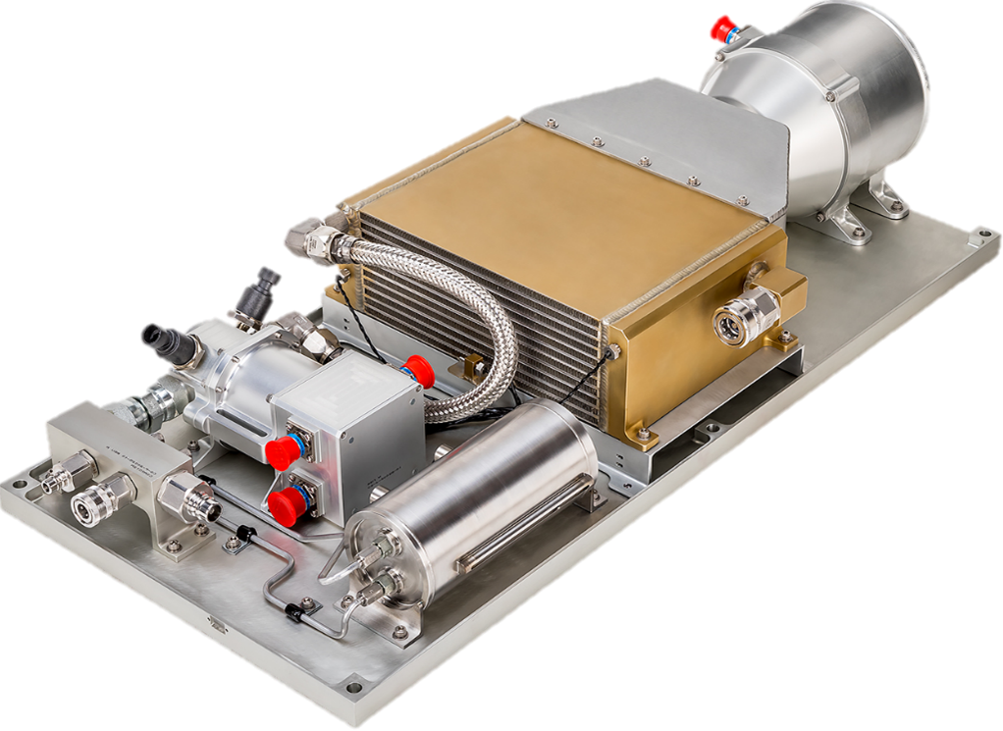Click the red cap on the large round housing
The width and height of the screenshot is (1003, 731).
coord(723,33)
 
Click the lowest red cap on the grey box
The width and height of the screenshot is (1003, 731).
coord(286,501)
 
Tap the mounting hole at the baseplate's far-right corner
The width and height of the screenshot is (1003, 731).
coord(977,236)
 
